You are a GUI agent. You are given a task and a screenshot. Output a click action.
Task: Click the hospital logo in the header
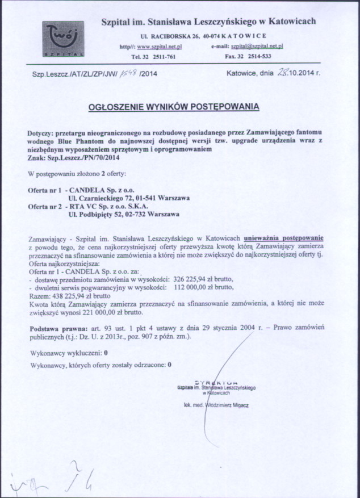click(x=64, y=39)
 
